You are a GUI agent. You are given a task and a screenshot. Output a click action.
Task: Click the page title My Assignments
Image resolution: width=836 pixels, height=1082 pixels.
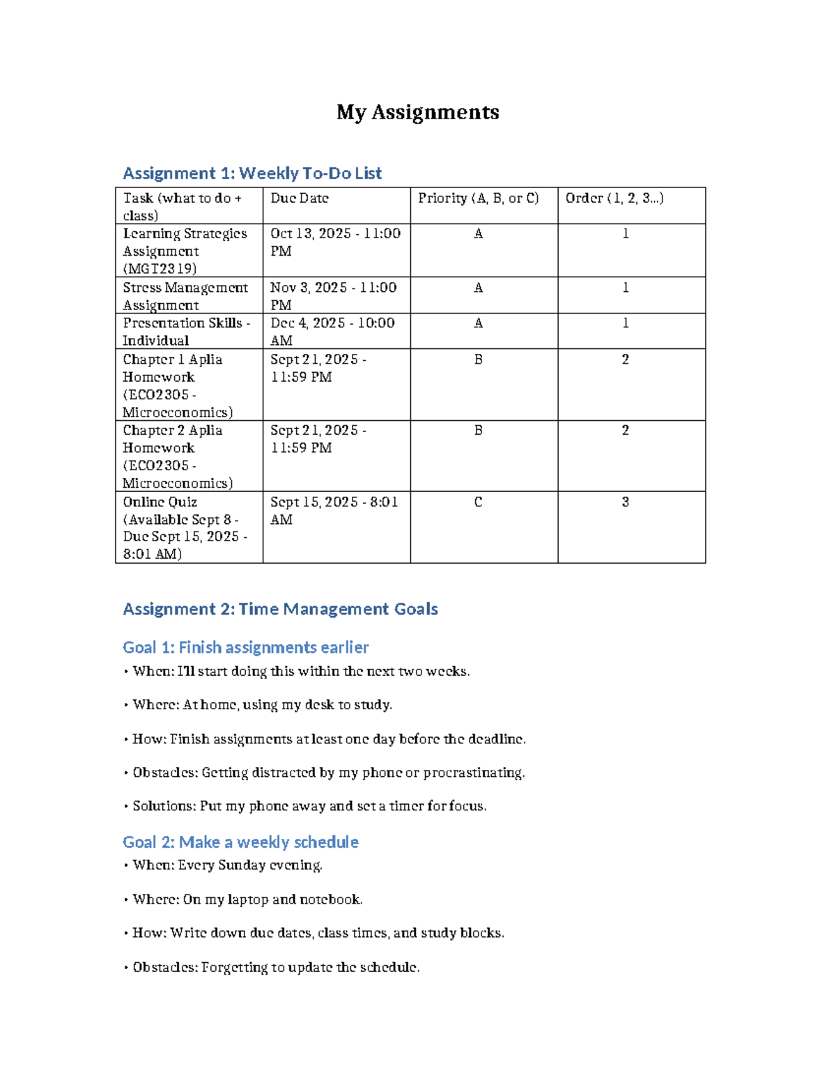[x=417, y=112]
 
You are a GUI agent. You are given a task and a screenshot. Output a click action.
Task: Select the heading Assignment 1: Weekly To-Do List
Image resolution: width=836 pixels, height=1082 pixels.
[x=252, y=173]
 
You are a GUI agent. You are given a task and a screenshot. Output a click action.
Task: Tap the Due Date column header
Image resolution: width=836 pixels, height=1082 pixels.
[x=300, y=199]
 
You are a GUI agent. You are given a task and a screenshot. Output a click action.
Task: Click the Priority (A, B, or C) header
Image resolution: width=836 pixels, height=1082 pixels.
[x=478, y=199]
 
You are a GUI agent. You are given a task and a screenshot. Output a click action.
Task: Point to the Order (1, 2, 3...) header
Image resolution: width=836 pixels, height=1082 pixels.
[x=614, y=199]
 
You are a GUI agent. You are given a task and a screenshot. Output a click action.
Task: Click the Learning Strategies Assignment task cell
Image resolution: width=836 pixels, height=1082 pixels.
[x=185, y=251]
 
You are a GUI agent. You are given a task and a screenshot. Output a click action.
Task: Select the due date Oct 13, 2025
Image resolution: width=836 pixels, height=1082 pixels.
[x=335, y=242]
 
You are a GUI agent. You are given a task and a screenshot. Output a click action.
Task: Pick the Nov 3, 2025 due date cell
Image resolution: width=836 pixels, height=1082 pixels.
[x=334, y=295]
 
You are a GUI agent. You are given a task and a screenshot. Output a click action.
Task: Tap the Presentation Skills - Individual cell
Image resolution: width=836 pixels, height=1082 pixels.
[x=186, y=332]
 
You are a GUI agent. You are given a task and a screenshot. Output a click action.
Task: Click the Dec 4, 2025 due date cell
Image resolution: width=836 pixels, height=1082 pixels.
[x=332, y=332]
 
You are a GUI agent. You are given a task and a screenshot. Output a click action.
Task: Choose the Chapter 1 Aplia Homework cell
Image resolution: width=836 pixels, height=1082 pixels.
[x=178, y=385]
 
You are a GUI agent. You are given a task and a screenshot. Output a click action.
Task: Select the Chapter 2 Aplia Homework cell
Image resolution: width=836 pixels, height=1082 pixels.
[x=178, y=456]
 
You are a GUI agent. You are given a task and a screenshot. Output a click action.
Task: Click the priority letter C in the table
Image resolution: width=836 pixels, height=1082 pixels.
[x=478, y=502]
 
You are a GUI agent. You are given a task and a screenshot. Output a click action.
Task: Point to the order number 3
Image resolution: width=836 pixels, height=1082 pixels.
[x=626, y=502]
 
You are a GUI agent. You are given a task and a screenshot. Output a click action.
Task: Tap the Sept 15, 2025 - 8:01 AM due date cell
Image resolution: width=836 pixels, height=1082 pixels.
[x=334, y=511]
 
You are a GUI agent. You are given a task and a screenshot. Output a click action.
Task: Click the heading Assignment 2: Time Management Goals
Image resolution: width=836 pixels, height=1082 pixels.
[x=280, y=609]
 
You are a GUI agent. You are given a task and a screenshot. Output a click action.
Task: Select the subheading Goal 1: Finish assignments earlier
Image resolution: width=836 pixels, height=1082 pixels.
[x=245, y=647]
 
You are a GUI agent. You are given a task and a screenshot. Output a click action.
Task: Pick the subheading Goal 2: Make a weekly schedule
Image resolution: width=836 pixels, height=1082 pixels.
[x=240, y=842]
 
